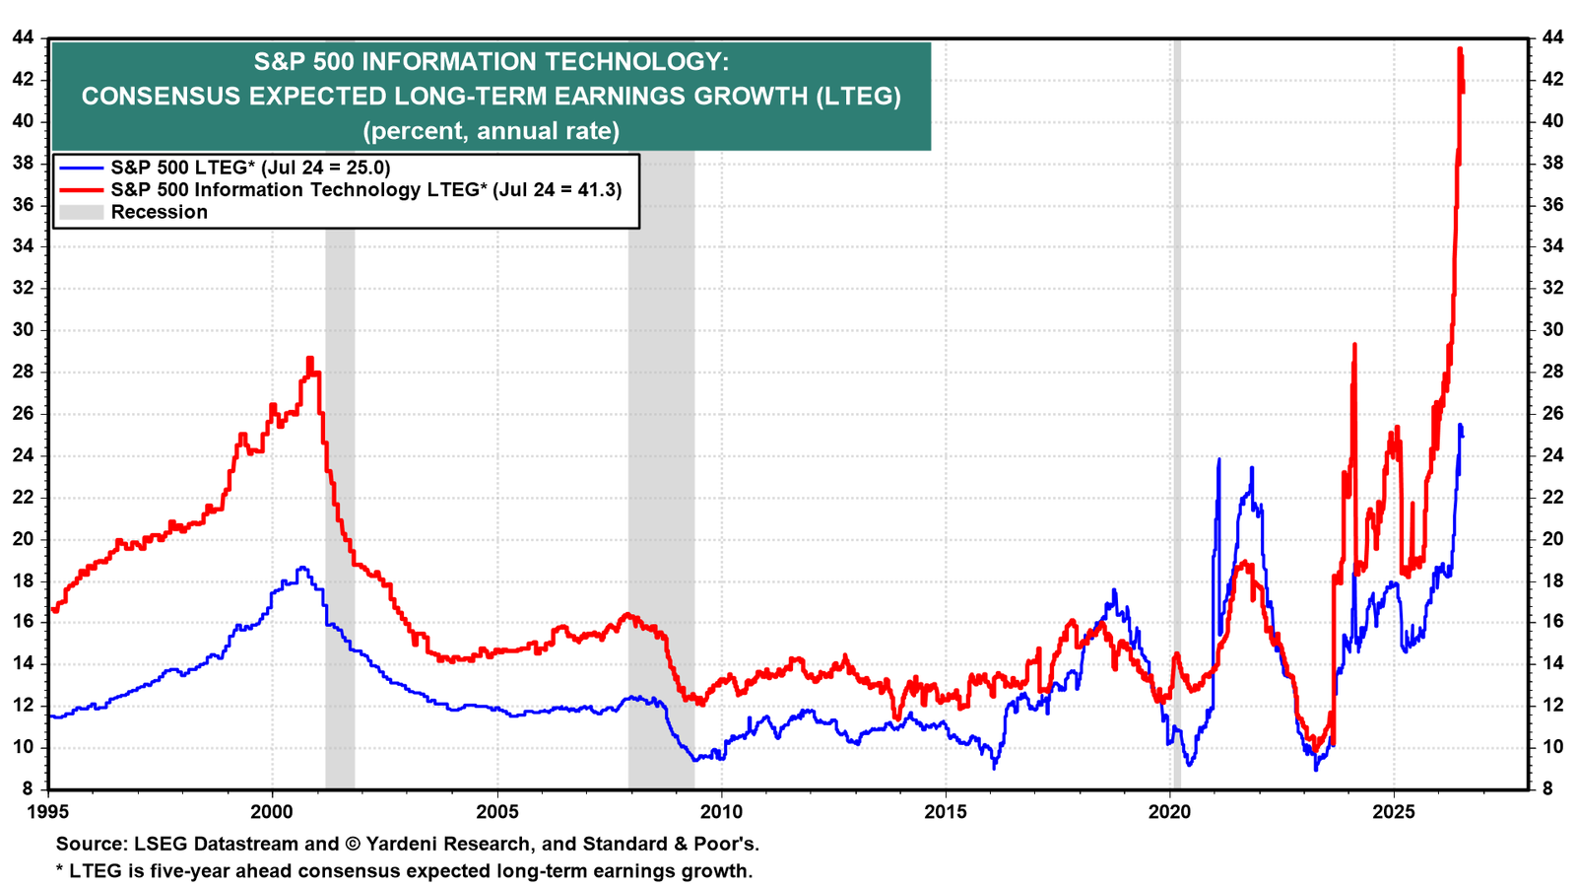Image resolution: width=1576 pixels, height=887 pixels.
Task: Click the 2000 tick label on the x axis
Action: point(272,812)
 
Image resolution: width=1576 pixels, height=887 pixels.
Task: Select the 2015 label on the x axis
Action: point(946,812)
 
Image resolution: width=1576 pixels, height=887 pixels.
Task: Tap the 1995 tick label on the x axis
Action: point(48,812)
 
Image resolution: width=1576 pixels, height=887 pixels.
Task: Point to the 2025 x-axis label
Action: point(1394,812)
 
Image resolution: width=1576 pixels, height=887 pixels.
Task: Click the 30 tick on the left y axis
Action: point(24,330)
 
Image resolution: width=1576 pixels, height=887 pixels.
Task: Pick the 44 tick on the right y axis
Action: point(1552,37)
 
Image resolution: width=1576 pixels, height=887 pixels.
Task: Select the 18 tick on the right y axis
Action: point(1552,580)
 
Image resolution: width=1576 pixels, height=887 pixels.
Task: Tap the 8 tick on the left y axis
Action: point(29,789)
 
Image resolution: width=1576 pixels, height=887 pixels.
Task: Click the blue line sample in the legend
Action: point(81,168)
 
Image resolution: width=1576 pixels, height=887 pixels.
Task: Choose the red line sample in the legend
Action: point(81,190)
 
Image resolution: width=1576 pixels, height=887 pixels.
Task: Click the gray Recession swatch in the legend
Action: point(81,212)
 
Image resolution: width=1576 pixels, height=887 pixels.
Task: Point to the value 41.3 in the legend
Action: point(595,190)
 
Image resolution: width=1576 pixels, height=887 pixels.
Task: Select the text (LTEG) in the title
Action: point(858,96)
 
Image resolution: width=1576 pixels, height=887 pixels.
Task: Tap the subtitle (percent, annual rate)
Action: point(492,131)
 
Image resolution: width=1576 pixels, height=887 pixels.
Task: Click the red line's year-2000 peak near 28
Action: point(309,359)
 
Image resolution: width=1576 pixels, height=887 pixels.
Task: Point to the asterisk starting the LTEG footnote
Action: point(60,868)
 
